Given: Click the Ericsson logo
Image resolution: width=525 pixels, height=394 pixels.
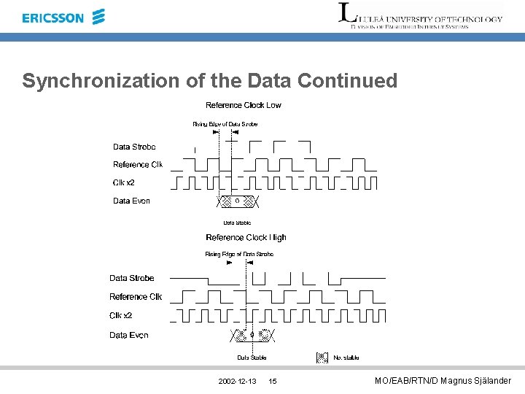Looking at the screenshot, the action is [x=63, y=17].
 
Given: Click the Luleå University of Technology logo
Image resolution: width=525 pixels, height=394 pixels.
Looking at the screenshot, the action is [x=421, y=16].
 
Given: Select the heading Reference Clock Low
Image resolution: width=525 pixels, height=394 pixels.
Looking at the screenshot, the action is [x=244, y=105].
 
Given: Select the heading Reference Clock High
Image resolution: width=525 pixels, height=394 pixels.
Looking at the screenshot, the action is [x=246, y=237].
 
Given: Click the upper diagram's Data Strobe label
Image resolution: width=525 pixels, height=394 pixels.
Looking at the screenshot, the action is [x=134, y=147].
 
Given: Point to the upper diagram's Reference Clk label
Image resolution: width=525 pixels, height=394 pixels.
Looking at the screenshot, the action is [x=137, y=164].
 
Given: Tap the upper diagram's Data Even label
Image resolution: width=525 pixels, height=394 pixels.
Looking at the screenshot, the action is [x=131, y=201].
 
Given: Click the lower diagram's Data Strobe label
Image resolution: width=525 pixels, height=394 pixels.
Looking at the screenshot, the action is [x=132, y=278].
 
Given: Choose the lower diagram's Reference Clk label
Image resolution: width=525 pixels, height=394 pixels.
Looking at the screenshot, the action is [x=135, y=297].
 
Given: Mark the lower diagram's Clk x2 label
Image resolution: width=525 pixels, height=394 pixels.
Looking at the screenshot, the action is [x=121, y=315].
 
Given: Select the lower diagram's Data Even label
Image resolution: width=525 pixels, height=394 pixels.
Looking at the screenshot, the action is [x=129, y=335].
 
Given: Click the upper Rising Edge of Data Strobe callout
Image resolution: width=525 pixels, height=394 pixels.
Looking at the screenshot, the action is [x=225, y=124].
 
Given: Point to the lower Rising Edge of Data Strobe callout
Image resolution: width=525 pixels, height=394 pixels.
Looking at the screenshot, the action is [x=239, y=254].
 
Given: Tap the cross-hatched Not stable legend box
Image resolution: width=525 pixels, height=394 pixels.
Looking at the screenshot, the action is [x=322, y=358].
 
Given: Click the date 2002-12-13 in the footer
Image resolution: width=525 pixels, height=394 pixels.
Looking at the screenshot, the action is [x=237, y=382].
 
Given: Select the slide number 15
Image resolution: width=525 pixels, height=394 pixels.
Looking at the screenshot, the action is [x=273, y=382].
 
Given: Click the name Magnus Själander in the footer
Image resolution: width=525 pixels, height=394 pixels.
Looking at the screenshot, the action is [x=478, y=381].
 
